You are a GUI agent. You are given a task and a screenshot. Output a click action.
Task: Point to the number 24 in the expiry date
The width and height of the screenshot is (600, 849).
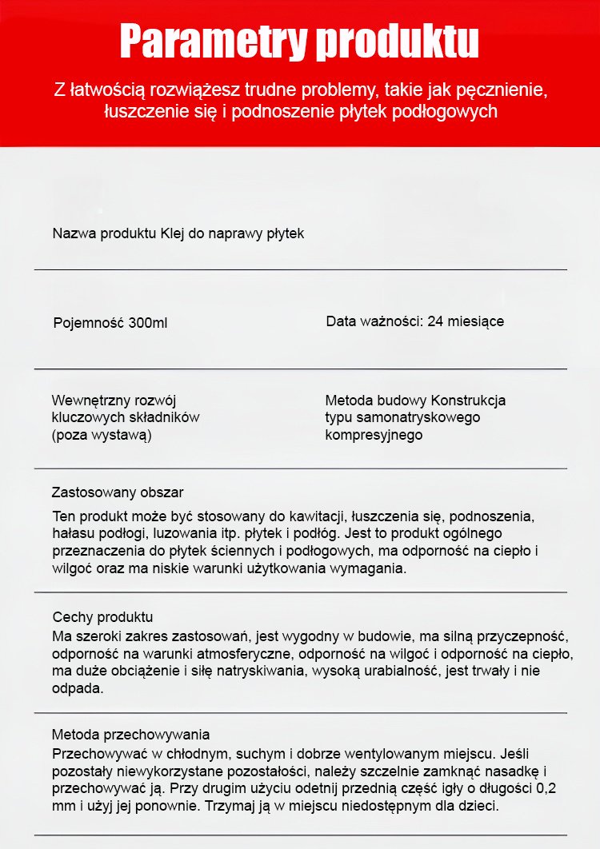click(x=436, y=321)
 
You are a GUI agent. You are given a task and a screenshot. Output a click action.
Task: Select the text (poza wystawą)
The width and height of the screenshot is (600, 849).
click(x=102, y=435)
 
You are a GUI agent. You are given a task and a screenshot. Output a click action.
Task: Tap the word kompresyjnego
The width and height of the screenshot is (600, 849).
click(x=374, y=435)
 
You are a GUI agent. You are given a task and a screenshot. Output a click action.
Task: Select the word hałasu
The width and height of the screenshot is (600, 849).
click(x=74, y=534)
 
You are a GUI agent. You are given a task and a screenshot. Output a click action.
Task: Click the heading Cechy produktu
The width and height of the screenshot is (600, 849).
click(x=102, y=617)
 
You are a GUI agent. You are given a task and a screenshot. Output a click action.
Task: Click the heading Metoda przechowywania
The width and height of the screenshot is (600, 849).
click(x=131, y=735)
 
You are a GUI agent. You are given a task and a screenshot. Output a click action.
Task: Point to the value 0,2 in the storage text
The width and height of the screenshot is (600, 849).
click(x=545, y=788)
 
